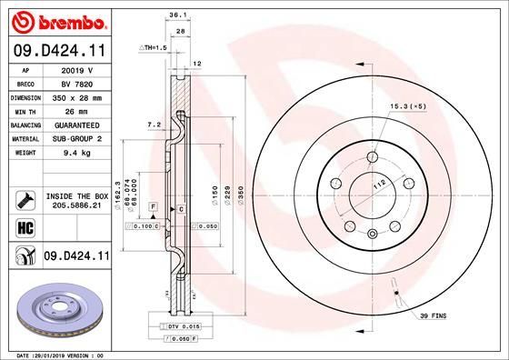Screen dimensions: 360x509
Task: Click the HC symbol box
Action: tap(25, 228)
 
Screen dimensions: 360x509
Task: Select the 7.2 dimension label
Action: tap(153, 124)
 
